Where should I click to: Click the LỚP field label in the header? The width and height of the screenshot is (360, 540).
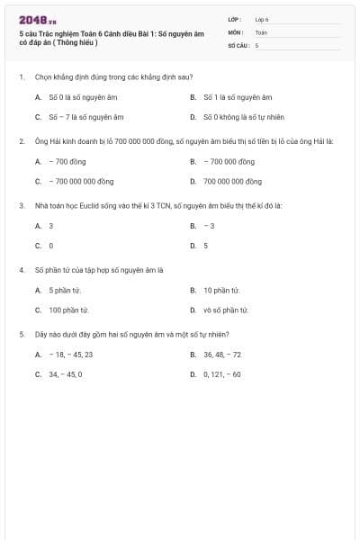[x=235, y=19]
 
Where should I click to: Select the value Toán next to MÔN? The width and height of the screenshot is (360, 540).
[x=261, y=31]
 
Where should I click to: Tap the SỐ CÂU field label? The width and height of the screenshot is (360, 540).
[x=238, y=44]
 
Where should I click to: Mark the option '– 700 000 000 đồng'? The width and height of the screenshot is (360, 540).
[x=81, y=181]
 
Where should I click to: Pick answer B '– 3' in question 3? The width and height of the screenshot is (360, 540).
[x=209, y=226]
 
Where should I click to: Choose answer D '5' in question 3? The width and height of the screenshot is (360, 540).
[x=205, y=245]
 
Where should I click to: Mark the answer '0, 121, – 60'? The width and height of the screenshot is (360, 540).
[x=222, y=374]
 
